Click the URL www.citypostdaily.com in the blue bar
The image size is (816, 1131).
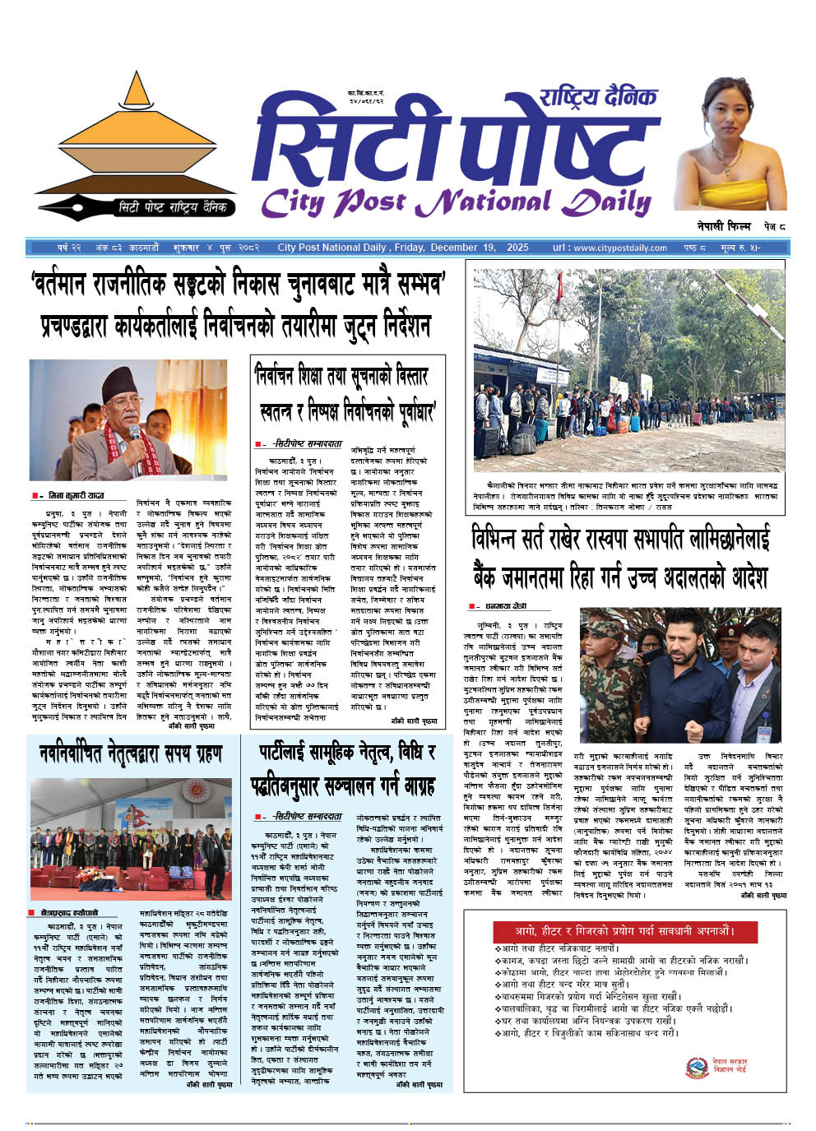610,247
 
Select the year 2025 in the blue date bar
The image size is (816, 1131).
517,247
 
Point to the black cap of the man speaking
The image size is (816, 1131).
125,380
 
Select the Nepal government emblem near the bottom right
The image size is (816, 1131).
697,1067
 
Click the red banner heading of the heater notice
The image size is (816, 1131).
624,931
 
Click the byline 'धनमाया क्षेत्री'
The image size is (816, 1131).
507,606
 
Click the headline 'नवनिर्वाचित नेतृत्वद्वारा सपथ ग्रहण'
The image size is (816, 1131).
131,753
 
